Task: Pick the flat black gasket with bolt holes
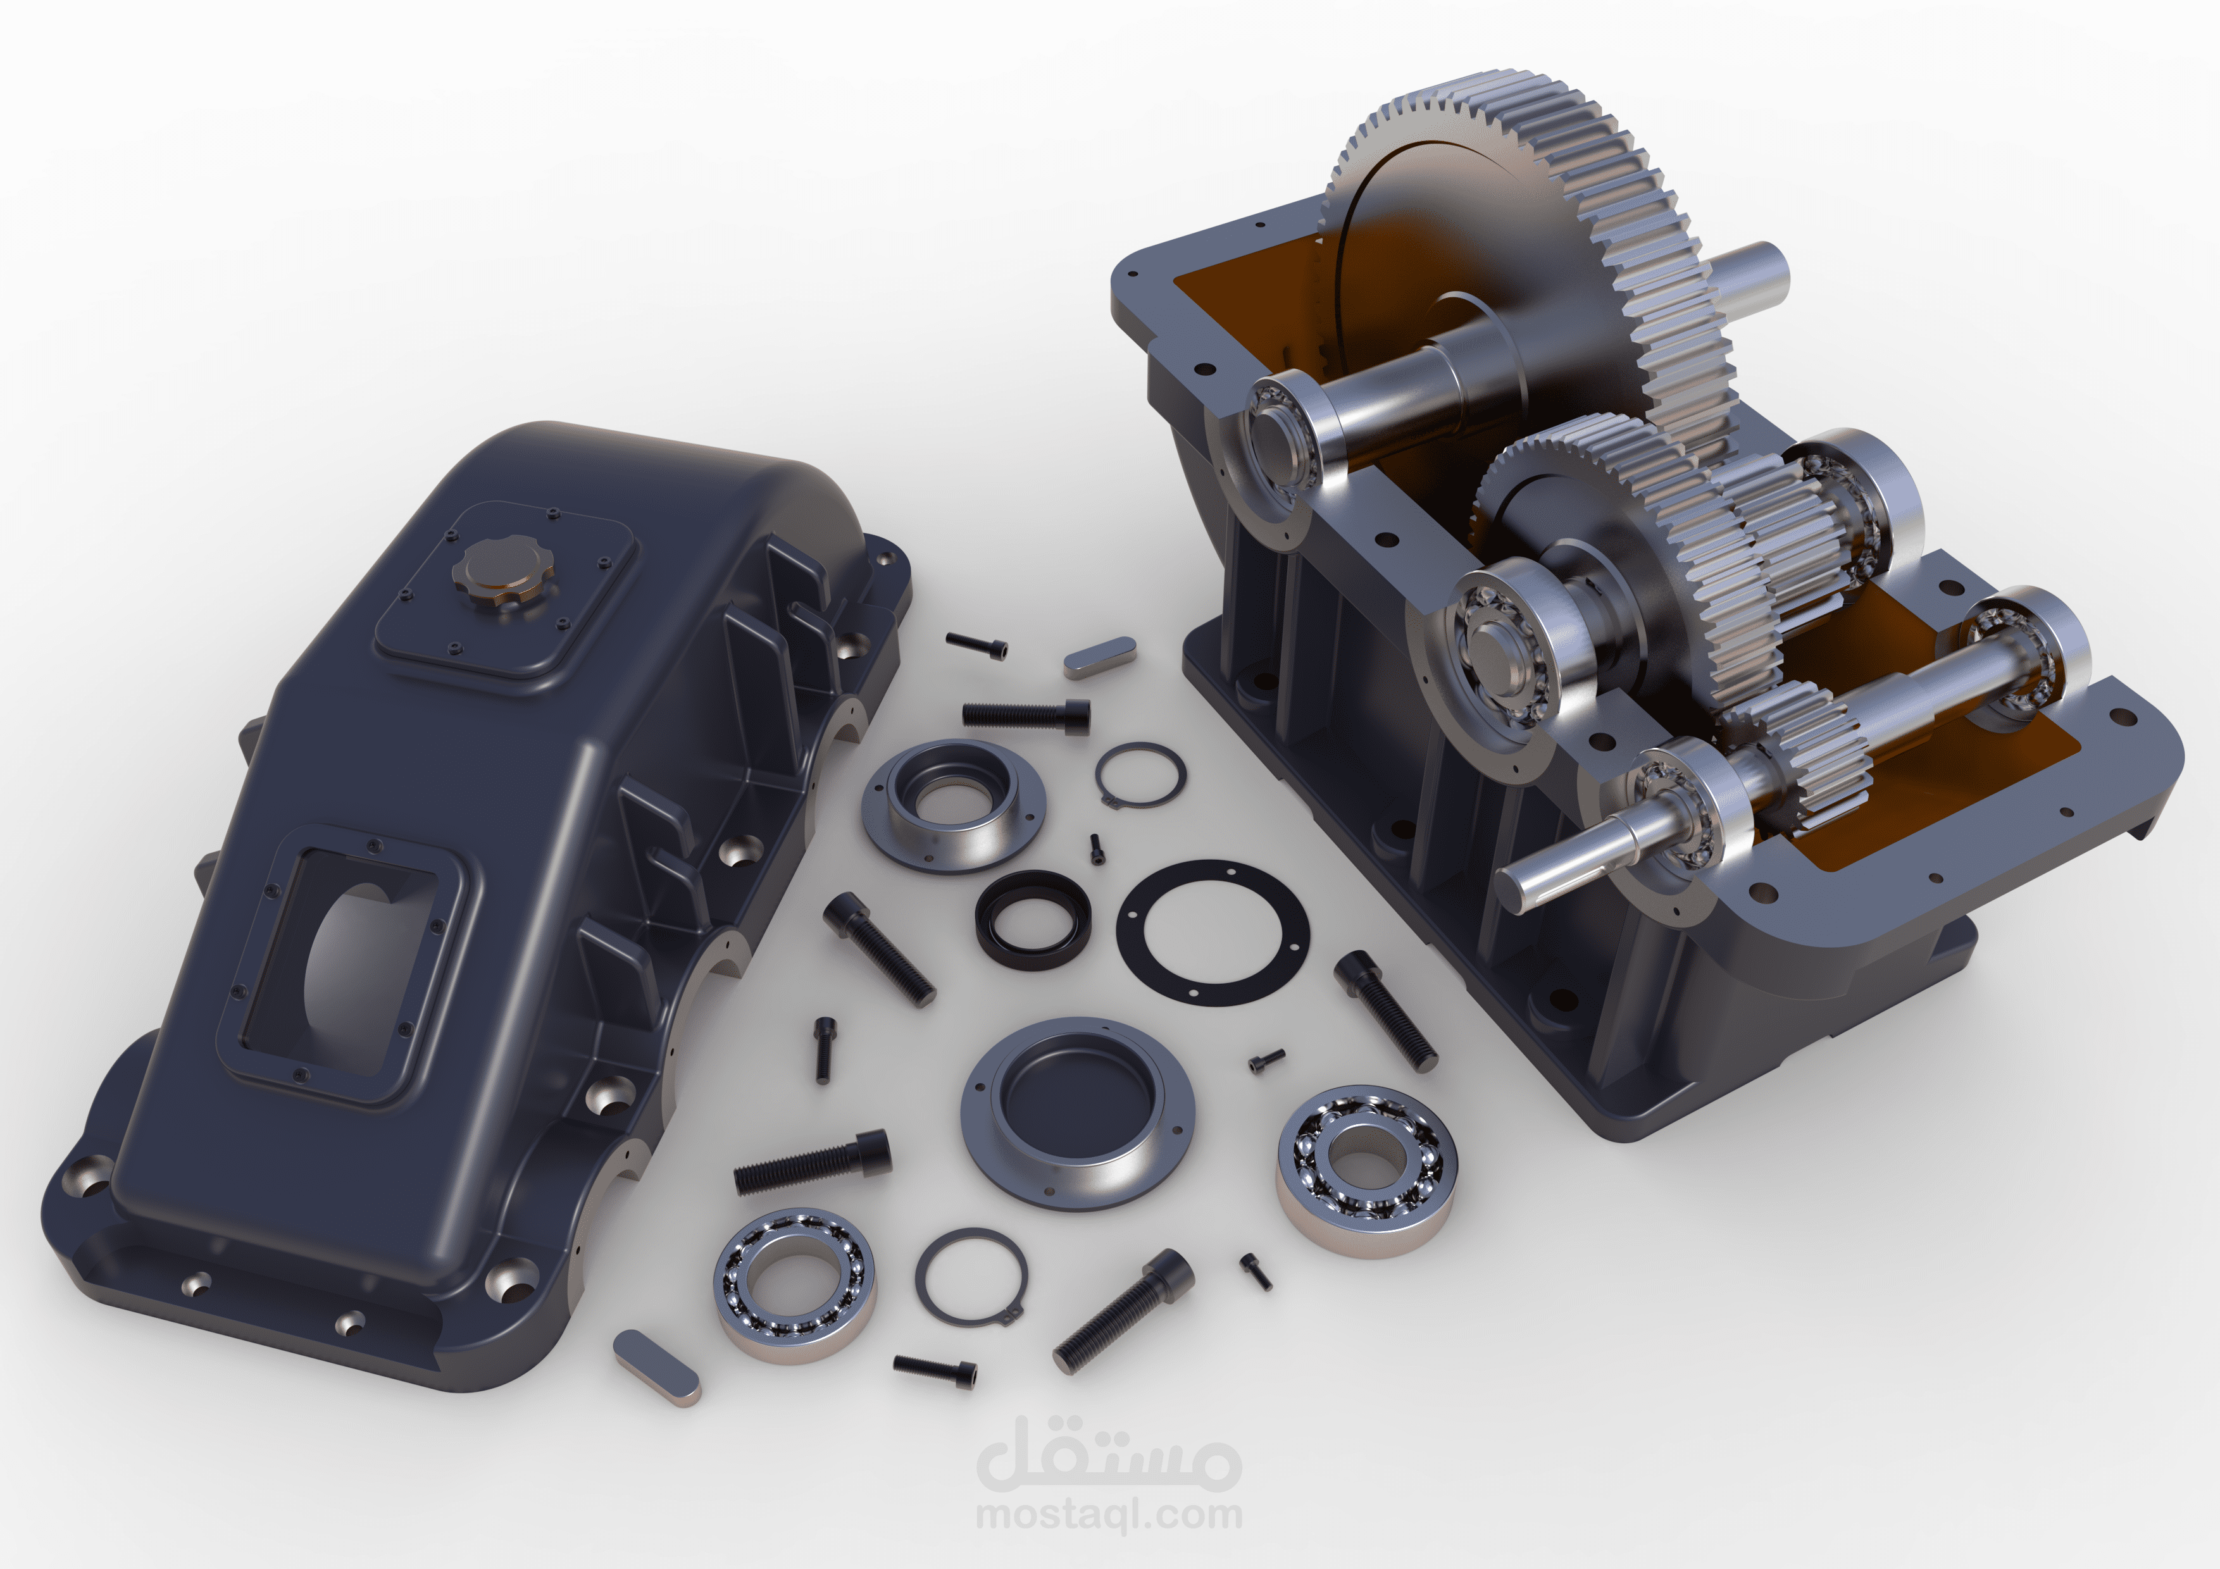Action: [x=1213, y=933]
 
